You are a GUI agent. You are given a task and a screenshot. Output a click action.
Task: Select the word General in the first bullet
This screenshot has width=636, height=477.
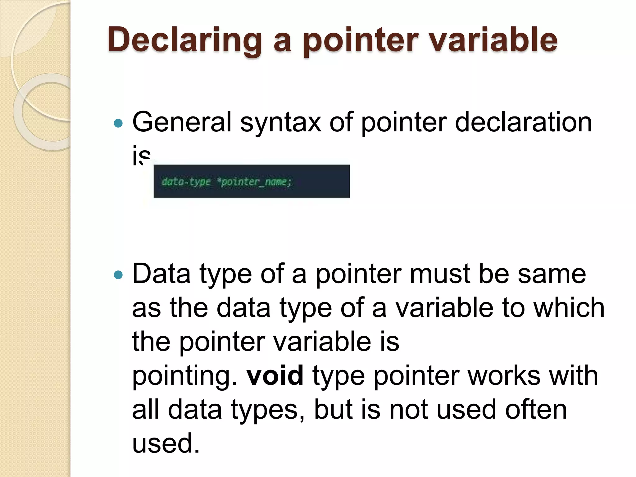(x=182, y=122)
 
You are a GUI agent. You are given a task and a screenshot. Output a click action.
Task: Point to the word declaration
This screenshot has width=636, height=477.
(x=523, y=122)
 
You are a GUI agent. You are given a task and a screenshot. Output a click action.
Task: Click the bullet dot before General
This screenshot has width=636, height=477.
(x=118, y=124)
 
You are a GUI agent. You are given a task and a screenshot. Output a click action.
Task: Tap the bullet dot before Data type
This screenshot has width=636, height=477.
(x=118, y=275)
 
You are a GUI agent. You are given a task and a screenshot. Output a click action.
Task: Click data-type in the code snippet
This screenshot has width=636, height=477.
(x=186, y=182)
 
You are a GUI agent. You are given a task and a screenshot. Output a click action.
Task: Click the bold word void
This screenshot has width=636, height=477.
(x=275, y=375)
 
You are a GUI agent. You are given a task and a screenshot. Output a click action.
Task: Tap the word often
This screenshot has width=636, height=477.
(x=536, y=409)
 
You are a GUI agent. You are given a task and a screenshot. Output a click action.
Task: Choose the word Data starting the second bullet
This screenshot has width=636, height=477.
(x=161, y=274)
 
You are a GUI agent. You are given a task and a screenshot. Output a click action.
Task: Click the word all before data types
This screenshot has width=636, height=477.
(x=146, y=409)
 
